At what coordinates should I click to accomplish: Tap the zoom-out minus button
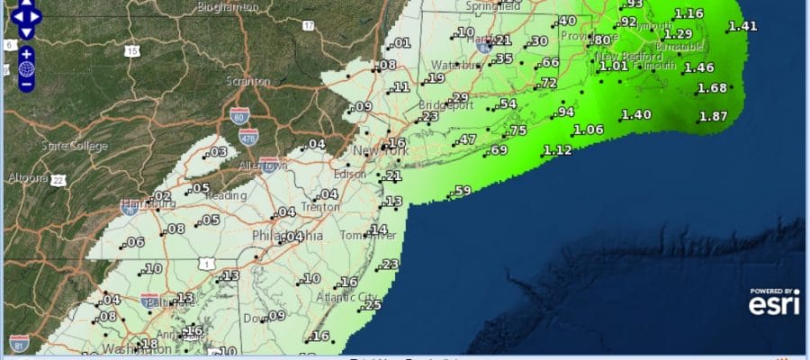27,85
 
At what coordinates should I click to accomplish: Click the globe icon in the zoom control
27,69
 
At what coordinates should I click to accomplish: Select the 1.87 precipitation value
713,117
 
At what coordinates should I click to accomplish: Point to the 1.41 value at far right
742,26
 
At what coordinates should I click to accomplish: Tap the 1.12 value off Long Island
558,150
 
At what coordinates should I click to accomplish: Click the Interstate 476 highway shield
248,136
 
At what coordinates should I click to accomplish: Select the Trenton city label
322,207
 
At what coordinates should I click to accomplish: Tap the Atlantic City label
344,297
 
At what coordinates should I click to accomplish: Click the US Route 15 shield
131,51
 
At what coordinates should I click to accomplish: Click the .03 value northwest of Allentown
218,152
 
